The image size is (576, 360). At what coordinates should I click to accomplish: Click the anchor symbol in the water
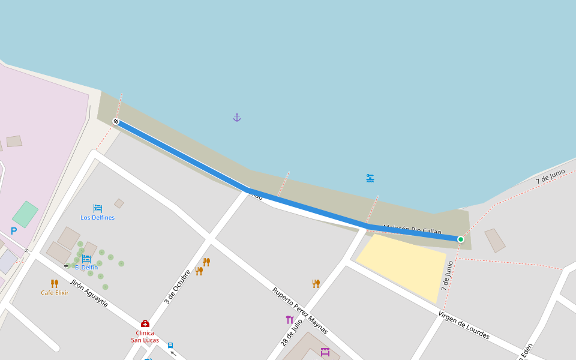tap(237, 118)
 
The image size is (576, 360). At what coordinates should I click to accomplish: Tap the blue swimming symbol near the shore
tap(370, 178)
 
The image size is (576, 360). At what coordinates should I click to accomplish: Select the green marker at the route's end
tap(461, 239)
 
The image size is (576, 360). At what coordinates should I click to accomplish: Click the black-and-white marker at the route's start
tap(116, 122)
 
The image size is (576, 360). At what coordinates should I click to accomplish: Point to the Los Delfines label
tap(97, 218)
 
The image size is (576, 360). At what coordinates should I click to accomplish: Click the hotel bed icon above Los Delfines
tap(97, 208)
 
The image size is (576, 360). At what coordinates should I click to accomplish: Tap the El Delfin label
tap(86, 268)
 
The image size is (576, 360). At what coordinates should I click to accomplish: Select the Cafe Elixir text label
tap(55, 293)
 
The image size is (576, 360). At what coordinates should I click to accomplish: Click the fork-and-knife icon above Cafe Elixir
tap(54, 283)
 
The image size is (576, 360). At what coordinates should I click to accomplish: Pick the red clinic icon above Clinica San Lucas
tap(145, 323)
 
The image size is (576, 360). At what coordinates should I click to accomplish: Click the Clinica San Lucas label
tap(145, 337)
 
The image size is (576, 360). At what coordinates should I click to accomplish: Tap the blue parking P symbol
tap(14, 231)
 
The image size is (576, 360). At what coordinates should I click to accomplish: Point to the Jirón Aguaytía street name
tap(89, 293)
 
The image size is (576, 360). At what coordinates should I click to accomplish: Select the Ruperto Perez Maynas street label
tap(300, 310)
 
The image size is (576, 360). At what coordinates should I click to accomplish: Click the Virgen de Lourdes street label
tap(463, 325)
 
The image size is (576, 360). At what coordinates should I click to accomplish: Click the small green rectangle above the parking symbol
tap(25, 214)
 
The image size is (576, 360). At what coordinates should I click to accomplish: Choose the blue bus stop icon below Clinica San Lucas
tap(170, 346)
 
